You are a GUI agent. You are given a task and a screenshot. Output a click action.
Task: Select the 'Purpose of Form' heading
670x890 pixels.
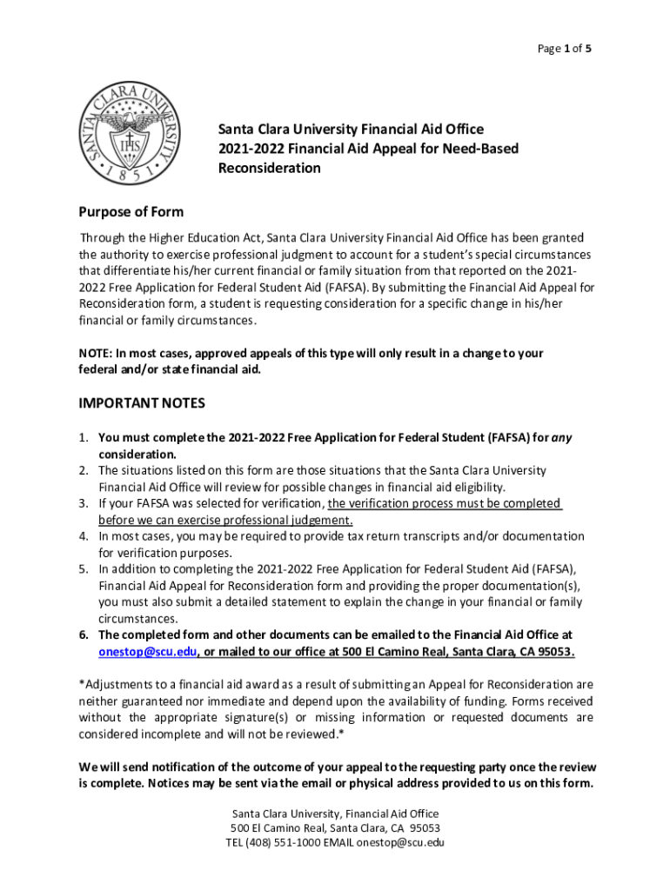click(x=131, y=212)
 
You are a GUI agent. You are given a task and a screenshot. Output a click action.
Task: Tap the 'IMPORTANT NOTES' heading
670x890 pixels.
click(x=142, y=403)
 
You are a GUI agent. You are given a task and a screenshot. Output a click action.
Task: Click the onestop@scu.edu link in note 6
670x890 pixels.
click(x=147, y=652)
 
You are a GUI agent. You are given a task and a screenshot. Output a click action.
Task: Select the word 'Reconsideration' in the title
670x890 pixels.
click(x=269, y=168)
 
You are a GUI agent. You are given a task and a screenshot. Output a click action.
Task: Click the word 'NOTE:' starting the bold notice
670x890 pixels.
click(x=97, y=354)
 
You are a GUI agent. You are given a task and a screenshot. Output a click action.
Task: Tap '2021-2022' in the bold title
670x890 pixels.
click(x=247, y=149)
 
